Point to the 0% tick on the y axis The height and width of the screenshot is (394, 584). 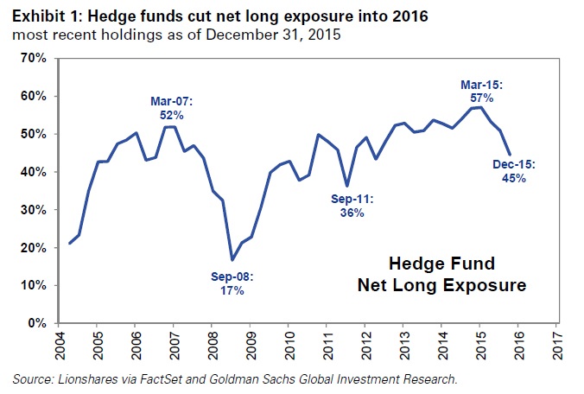click(35, 323)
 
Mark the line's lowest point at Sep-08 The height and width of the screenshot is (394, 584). click(232, 259)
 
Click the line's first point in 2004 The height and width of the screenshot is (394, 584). click(69, 244)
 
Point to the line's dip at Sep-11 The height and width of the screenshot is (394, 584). click(346, 186)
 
